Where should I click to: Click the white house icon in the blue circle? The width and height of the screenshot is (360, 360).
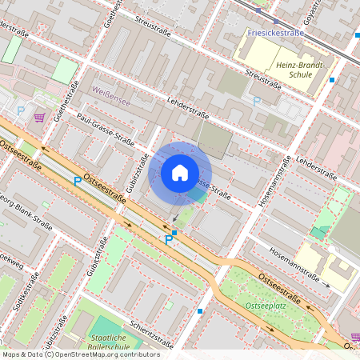(180, 173)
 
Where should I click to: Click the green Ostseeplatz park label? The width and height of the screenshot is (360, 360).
(266, 306)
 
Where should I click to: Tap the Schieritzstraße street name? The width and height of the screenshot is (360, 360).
(146, 336)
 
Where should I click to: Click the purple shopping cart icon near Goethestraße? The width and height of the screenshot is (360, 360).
(39, 118)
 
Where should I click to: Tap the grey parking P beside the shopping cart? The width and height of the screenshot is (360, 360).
(21, 112)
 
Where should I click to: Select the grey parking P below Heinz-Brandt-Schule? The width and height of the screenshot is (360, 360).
(257, 101)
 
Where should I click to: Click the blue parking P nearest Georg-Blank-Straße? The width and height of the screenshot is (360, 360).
(78, 182)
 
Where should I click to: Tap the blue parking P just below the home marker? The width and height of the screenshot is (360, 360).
(169, 238)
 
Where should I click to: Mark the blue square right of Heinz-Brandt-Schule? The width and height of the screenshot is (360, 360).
(332, 80)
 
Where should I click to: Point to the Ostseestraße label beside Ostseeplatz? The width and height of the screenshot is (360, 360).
(280, 288)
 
